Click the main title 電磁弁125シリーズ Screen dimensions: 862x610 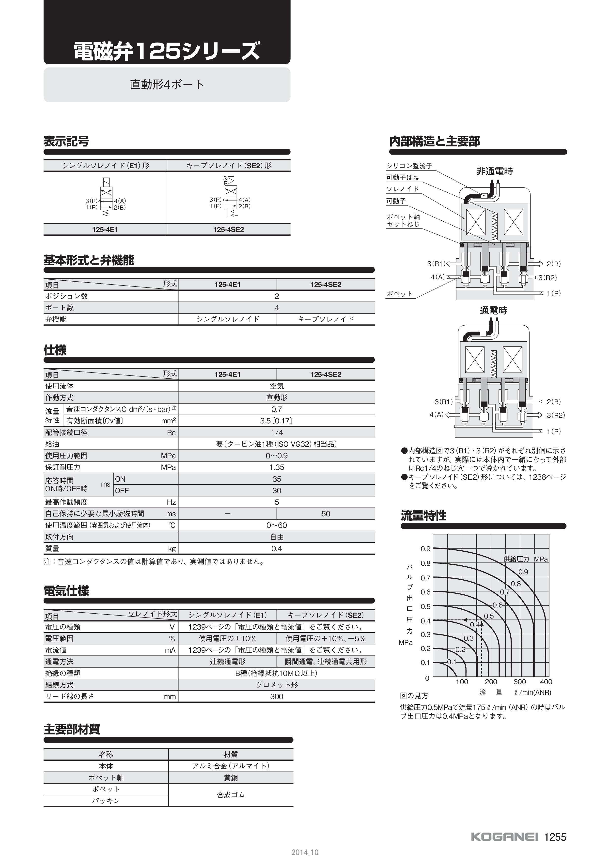(x=167, y=51)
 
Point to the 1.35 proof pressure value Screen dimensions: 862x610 (x=277, y=467)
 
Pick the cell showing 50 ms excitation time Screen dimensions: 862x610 (x=326, y=514)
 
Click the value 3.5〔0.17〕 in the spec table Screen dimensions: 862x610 (x=277, y=421)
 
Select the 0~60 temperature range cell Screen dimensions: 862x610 (x=277, y=525)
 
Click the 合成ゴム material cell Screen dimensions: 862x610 (x=231, y=795)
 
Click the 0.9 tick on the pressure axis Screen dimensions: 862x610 (x=425, y=549)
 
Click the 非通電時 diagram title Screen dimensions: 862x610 (x=494, y=172)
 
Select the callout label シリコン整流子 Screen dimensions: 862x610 (x=409, y=166)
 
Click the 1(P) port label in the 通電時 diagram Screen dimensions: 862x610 (x=554, y=431)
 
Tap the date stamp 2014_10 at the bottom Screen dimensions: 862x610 (x=305, y=852)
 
